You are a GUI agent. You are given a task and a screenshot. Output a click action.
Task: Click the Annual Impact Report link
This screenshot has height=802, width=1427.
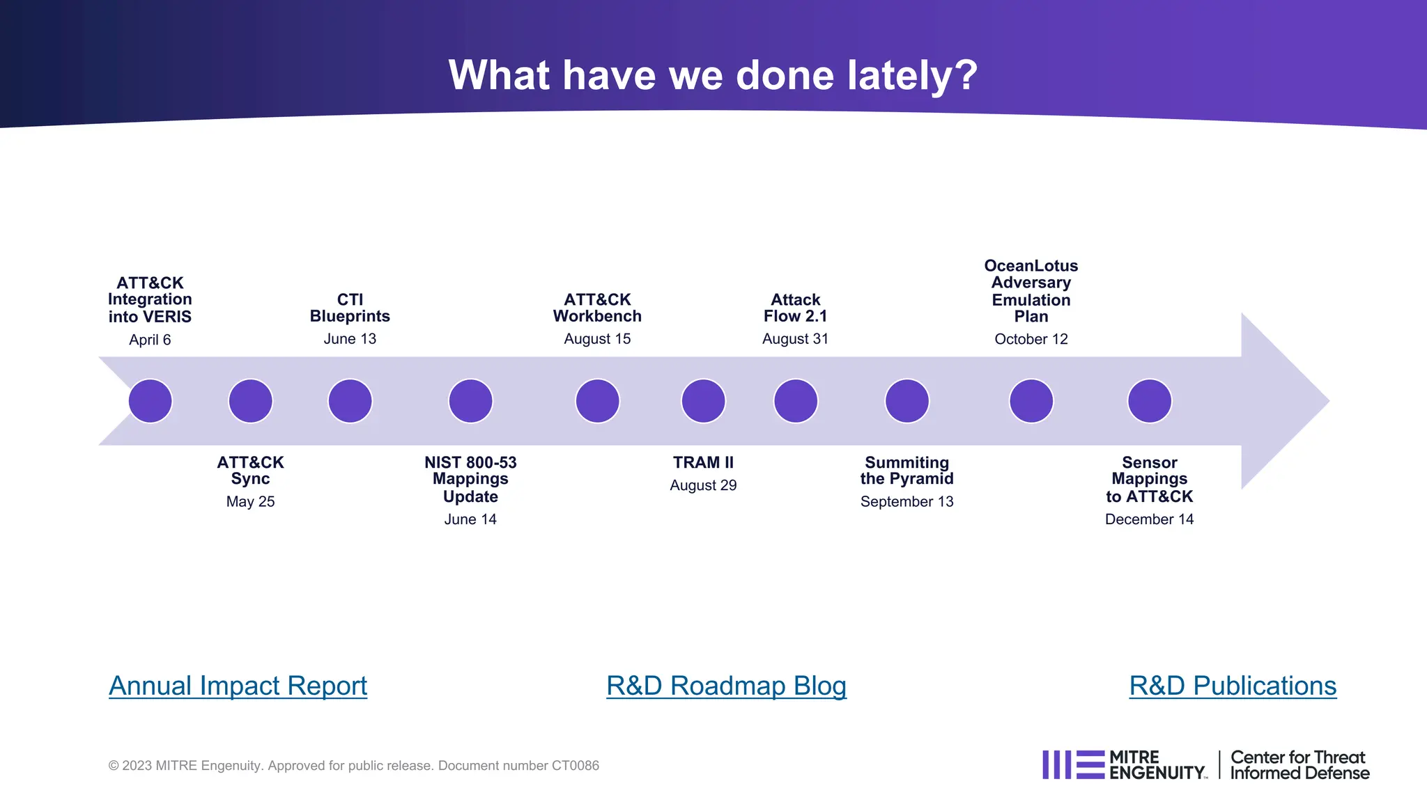click(238, 686)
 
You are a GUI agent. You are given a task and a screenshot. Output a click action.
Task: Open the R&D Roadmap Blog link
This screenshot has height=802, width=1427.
click(726, 686)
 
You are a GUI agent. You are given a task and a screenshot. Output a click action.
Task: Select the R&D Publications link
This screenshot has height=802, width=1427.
click(1232, 686)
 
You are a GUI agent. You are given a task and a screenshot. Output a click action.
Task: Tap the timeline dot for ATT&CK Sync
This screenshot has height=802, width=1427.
click(250, 401)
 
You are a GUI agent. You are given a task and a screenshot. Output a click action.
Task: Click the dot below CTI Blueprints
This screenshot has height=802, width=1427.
click(350, 401)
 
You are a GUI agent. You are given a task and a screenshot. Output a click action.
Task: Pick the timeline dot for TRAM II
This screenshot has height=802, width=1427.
click(703, 401)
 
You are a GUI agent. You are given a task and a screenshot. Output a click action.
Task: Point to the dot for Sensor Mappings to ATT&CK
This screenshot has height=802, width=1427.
click(1149, 401)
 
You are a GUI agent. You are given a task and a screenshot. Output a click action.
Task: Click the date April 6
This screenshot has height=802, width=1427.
click(150, 340)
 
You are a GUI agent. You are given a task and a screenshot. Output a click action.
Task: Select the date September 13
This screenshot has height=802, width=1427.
click(907, 501)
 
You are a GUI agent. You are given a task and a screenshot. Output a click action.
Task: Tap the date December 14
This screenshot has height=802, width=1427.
click(1149, 519)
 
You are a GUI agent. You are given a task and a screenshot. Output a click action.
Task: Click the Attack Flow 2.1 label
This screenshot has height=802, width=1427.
click(795, 308)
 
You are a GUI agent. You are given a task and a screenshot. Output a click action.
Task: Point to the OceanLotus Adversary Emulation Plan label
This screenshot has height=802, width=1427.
click(1031, 291)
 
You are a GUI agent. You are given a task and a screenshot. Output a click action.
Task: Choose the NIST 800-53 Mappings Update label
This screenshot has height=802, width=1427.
click(470, 479)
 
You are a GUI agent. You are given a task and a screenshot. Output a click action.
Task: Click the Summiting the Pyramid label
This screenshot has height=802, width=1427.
click(907, 471)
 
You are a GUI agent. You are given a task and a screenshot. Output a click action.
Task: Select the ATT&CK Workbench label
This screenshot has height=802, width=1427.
click(597, 308)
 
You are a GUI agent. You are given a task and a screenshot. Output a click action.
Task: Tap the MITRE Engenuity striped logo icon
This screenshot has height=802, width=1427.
click(1073, 764)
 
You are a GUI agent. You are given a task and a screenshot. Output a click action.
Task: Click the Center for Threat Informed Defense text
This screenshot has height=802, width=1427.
click(1299, 765)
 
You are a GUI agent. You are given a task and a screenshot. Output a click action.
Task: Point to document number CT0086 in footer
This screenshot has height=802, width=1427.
click(575, 766)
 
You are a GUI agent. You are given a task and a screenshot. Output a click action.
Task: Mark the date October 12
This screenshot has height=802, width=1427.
click(1031, 339)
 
